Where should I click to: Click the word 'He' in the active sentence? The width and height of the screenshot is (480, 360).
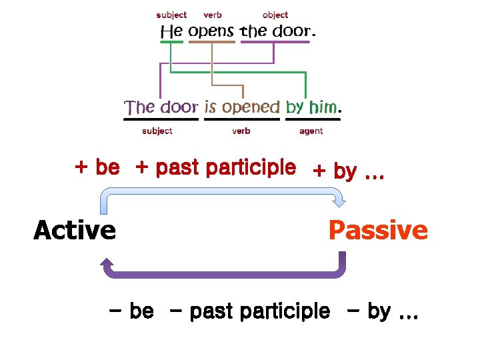(171, 31)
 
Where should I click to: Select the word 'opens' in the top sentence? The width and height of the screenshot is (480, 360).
(211, 31)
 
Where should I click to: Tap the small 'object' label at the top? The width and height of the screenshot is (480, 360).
(275, 15)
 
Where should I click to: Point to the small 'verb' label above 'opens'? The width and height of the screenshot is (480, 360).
(213, 15)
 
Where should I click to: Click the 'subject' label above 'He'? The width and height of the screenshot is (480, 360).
(171, 15)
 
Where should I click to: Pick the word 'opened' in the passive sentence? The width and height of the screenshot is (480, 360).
(251, 107)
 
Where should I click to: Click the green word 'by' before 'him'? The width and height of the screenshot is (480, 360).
(295, 107)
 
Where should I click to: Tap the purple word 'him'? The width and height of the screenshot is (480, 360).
(323, 107)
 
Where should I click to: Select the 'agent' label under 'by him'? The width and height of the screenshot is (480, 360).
(311, 131)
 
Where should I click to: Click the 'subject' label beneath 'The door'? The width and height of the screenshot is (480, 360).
(157, 131)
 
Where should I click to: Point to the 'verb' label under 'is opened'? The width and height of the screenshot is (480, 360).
(241, 131)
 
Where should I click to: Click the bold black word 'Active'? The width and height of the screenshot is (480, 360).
(75, 231)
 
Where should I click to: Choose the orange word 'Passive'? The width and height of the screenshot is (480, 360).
(378, 231)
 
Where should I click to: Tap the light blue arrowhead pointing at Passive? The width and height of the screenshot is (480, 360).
(338, 199)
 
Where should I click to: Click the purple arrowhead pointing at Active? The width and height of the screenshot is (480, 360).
(106, 269)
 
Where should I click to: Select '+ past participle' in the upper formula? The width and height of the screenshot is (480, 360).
(215, 168)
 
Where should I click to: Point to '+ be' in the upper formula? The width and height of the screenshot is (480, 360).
(97, 168)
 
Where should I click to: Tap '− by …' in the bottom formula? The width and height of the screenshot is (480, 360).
(383, 311)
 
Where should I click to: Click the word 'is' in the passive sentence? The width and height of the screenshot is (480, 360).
(211, 107)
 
